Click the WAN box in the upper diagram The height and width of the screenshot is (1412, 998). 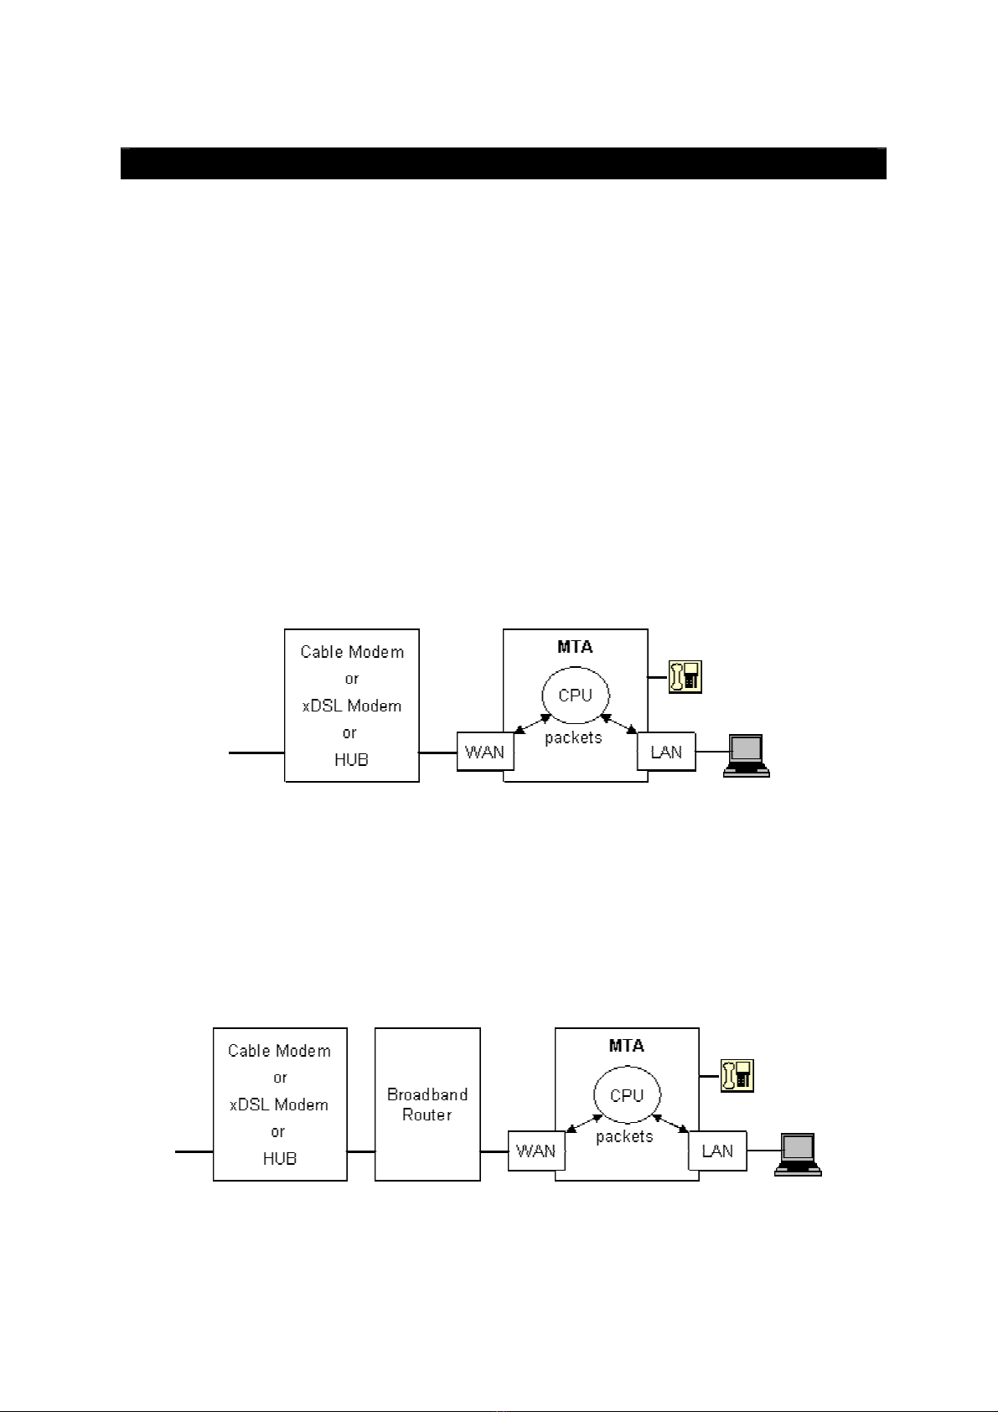(x=485, y=752)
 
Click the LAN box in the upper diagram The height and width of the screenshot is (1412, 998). (x=666, y=752)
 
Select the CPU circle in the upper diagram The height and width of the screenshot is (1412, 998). (x=575, y=696)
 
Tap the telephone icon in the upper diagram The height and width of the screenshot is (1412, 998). (x=685, y=677)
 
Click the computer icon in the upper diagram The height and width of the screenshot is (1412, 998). (x=747, y=756)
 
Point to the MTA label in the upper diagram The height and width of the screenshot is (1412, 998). (x=575, y=647)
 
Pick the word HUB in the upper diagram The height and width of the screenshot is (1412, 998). (x=351, y=759)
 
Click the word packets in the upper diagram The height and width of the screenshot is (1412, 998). (x=573, y=738)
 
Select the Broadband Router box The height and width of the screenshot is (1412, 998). (x=427, y=1104)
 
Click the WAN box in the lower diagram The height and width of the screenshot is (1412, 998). (x=536, y=1151)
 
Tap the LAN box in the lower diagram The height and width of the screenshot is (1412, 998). (x=717, y=1151)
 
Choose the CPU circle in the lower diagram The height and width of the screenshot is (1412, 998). (x=627, y=1095)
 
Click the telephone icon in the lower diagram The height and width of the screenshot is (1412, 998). (x=737, y=1076)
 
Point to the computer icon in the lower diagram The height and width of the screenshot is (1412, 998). (x=798, y=1155)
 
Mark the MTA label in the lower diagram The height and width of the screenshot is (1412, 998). (x=627, y=1046)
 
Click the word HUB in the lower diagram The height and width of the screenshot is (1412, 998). (x=279, y=1158)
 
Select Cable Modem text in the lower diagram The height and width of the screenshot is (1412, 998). (x=279, y=1051)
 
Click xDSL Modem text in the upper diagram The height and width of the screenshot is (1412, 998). (x=351, y=706)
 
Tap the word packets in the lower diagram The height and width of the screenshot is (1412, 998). (x=624, y=1137)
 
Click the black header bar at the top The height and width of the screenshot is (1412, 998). (x=503, y=163)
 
